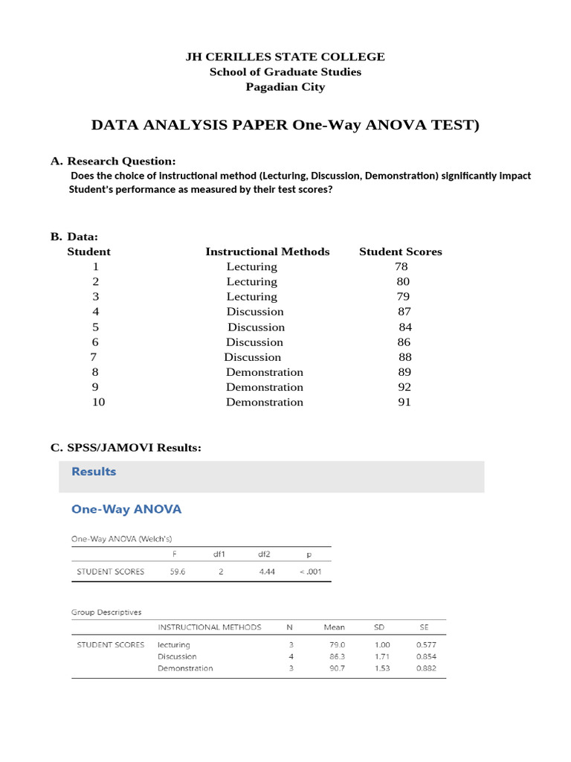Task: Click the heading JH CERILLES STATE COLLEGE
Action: coord(285,57)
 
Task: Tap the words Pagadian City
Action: coord(285,87)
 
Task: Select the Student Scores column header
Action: coord(400,252)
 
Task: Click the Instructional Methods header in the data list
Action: coord(267,252)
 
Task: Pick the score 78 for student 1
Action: coord(402,266)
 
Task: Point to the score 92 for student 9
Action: coord(404,387)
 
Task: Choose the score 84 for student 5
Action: coord(405,327)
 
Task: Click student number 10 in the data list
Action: coord(98,402)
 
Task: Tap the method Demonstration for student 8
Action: coord(265,372)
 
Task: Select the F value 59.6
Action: coord(176,571)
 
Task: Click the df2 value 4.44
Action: coord(267,571)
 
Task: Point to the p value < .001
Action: coord(311,571)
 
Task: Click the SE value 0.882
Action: coord(426,668)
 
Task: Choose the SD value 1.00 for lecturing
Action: coord(380,644)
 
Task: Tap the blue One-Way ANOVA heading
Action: coord(126,509)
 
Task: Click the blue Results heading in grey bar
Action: coord(94,471)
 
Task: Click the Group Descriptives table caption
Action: coord(106,612)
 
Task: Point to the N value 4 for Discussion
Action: coord(291,656)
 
